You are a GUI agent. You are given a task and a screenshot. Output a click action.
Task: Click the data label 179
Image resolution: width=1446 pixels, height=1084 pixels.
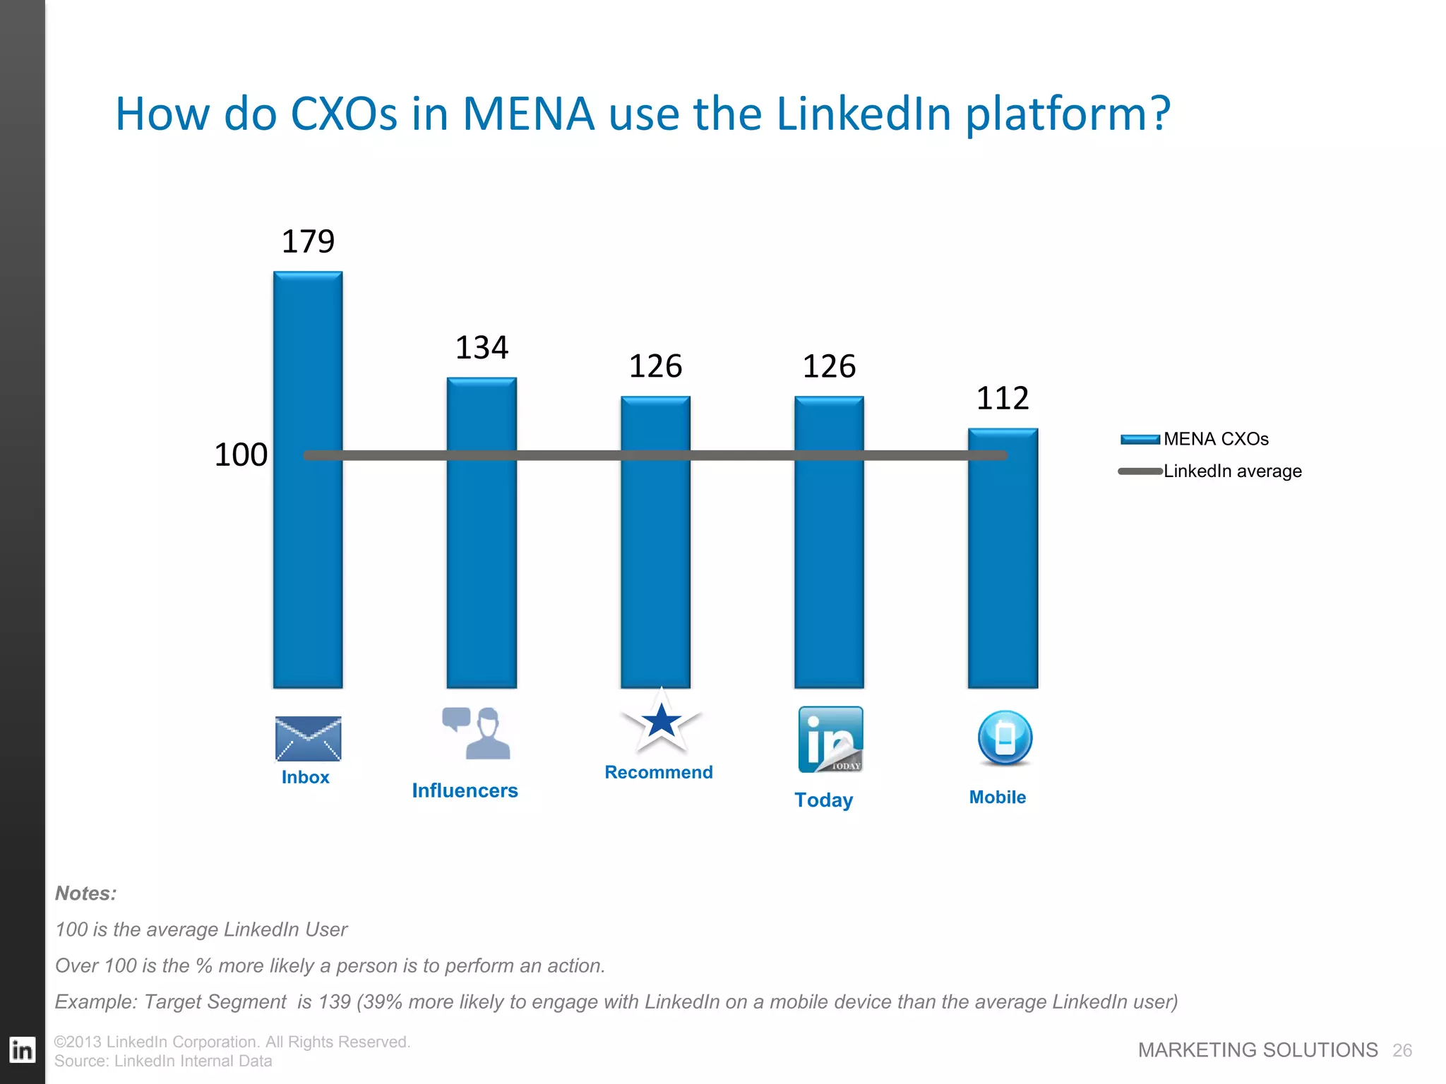coord(308,241)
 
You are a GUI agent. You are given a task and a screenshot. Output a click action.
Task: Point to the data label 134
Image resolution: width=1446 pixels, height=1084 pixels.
coord(482,347)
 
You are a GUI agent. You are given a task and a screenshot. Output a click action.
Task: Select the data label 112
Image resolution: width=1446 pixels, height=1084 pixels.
coord(1003,398)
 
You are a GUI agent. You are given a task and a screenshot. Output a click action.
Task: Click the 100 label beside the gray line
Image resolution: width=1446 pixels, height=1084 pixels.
coord(241,454)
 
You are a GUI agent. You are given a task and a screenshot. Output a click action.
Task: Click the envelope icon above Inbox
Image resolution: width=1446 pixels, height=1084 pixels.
coord(308,739)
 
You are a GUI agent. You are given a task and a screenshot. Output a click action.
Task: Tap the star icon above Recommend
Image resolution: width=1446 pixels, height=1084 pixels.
coord(661,721)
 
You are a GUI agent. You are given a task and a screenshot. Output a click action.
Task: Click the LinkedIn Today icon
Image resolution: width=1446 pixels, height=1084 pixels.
coord(830,739)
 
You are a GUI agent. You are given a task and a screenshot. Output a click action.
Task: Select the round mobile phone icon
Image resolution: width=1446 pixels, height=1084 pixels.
coord(1005,738)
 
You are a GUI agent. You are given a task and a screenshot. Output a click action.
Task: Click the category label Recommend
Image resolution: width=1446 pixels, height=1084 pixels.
coord(659,772)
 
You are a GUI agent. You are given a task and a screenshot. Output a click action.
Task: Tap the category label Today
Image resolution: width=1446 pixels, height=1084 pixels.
coord(823,800)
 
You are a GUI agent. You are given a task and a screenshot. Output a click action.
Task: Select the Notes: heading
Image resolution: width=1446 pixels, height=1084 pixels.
coord(85,893)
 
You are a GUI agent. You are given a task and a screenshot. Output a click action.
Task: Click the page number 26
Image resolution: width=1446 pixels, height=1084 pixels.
coord(1402,1050)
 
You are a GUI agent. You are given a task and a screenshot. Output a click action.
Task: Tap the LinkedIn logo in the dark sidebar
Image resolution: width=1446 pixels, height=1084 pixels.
coord(22,1050)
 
